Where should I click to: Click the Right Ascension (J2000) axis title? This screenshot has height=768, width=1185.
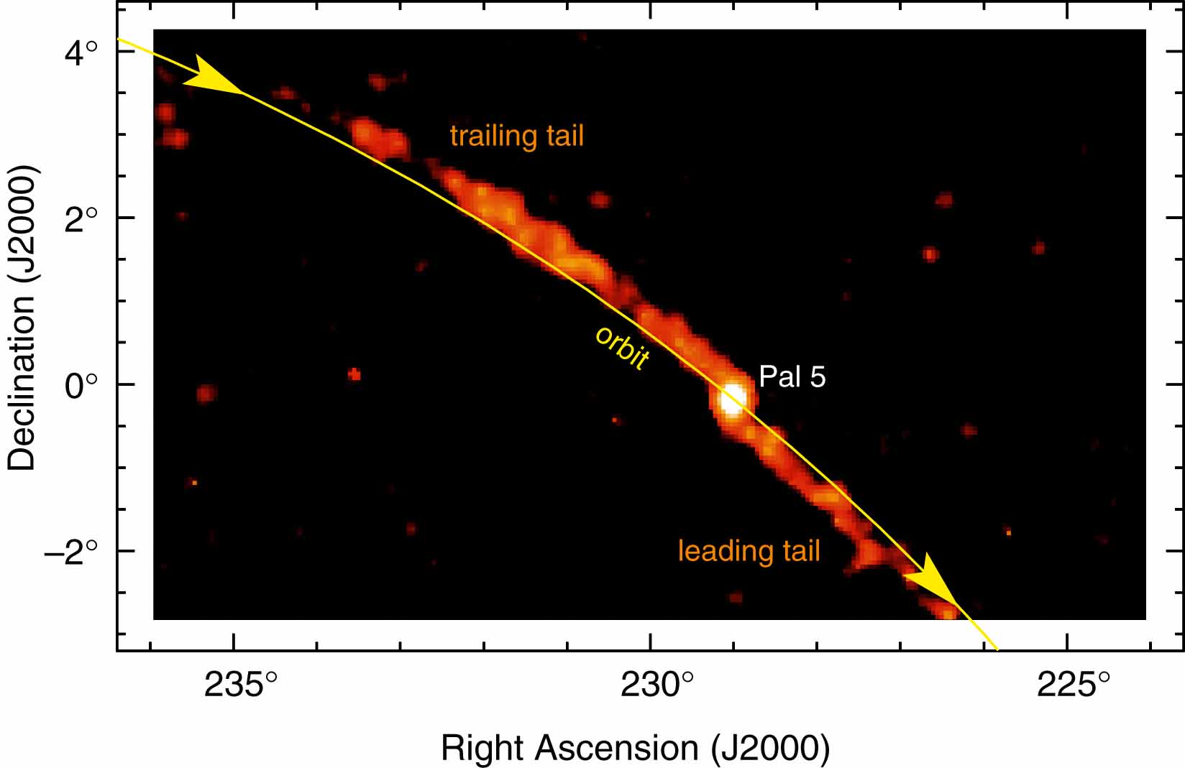point(635,748)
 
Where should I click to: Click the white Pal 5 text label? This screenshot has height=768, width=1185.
point(792,376)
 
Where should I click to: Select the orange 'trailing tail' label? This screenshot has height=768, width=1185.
point(516,136)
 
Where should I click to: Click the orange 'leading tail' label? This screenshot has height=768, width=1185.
point(749,551)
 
